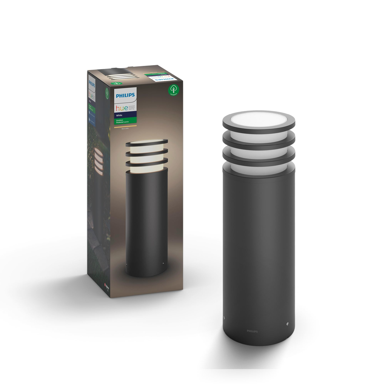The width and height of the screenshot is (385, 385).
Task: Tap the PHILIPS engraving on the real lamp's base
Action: pyautogui.click(x=252, y=331)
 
